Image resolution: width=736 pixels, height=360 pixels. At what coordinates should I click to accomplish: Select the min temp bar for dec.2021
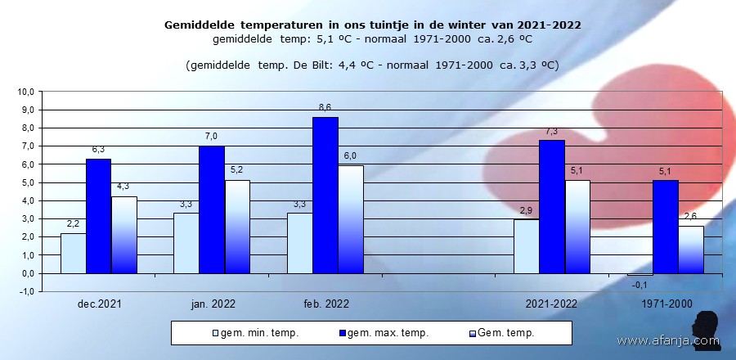tap(73, 253)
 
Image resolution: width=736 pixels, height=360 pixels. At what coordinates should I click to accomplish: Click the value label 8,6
tap(325, 107)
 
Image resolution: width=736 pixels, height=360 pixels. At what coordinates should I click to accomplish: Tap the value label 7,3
tap(551, 131)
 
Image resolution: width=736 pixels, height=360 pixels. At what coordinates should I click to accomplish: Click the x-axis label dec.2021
tap(99, 304)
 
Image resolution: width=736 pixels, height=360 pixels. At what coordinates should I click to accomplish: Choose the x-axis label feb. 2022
tap(325, 304)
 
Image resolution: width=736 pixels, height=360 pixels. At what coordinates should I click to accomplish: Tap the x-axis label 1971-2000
tap(666, 304)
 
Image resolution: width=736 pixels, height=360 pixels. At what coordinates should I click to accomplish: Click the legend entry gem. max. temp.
tap(381, 332)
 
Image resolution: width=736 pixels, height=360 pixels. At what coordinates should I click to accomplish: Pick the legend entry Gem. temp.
tap(502, 332)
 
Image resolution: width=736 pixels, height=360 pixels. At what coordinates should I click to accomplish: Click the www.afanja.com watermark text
tap(666, 340)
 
